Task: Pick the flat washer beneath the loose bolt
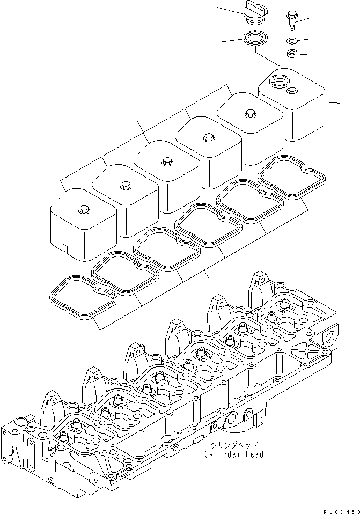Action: pos(291,41)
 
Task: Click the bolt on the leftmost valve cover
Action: pos(82,208)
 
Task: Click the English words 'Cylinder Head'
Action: pos(234,454)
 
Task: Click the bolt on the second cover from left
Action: pos(125,185)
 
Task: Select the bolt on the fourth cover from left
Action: pos(208,137)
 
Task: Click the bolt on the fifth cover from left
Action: pos(249,113)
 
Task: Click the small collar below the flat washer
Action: pos(292,53)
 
